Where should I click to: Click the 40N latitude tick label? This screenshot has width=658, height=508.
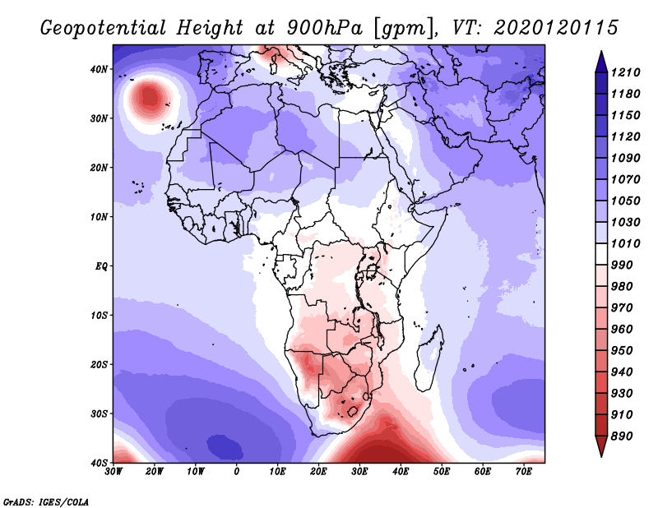pyautogui.click(x=99, y=69)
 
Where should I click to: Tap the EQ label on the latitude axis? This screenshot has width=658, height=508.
pyautogui.click(x=101, y=266)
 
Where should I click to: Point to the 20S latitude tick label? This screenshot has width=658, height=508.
pyautogui.click(x=99, y=364)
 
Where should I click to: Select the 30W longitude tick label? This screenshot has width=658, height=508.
pyautogui.click(x=114, y=472)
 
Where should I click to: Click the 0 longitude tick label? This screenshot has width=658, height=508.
pyautogui.click(x=237, y=472)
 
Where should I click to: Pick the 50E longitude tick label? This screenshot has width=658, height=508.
pyautogui.click(x=442, y=472)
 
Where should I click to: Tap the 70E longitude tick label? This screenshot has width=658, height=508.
pyautogui.click(x=524, y=472)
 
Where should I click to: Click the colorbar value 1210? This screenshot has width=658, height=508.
pyautogui.click(x=625, y=72)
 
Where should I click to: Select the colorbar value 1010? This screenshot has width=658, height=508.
pyautogui.click(x=625, y=243)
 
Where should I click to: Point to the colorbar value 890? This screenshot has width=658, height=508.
pyautogui.click(x=622, y=436)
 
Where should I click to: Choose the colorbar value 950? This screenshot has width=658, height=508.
pyautogui.click(x=622, y=351)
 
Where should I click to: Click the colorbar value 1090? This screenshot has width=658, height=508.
pyautogui.click(x=625, y=158)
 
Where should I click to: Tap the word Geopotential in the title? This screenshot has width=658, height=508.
pyautogui.click(x=104, y=28)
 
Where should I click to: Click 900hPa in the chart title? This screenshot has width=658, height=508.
pyautogui.click(x=324, y=28)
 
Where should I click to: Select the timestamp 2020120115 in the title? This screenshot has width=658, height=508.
pyautogui.click(x=556, y=28)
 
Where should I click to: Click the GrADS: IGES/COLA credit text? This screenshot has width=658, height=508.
pyautogui.click(x=46, y=501)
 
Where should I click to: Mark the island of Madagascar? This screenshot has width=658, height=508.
pyautogui.click(x=429, y=358)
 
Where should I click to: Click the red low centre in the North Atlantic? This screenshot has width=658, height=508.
pyautogui.click(x=149, y=98)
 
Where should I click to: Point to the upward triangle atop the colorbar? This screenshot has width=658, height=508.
pyautogui.click(x=601, y=62)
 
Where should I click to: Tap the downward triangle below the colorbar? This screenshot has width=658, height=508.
pyautogui.click(x=601, y=446)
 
